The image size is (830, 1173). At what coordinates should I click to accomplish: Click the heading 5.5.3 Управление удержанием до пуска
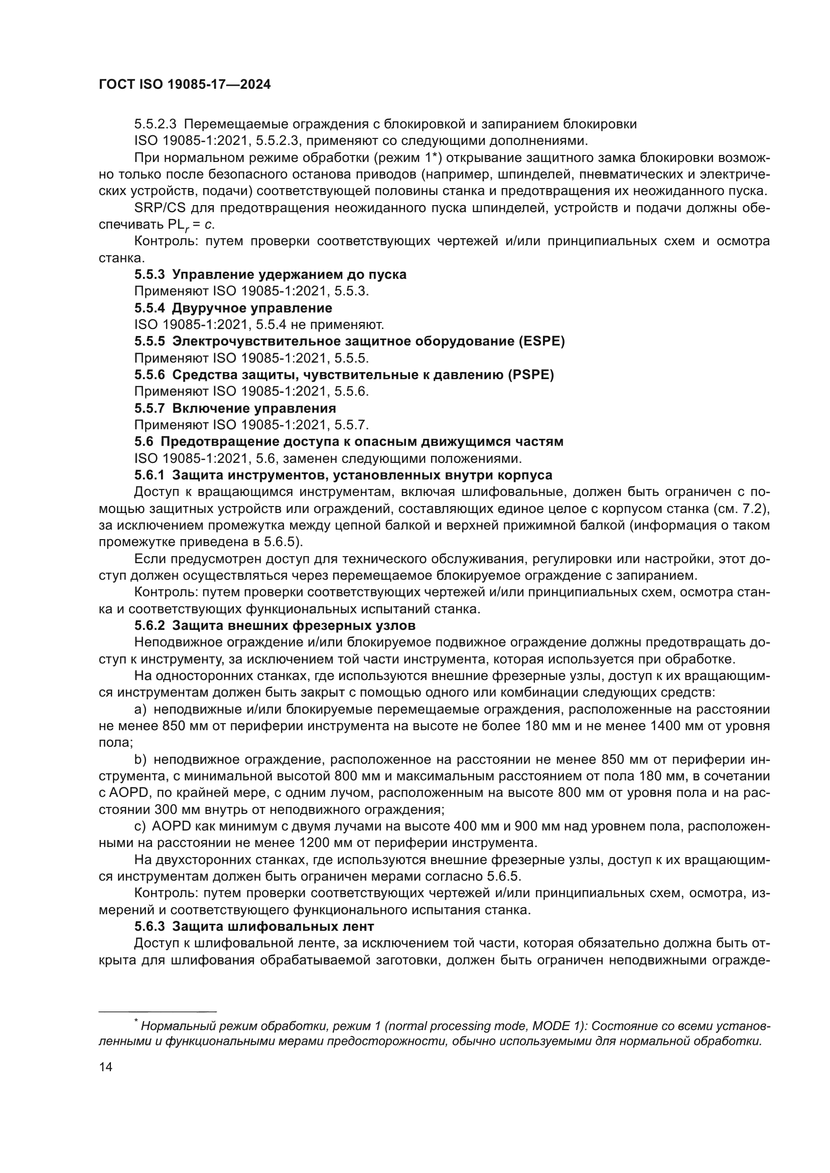coord(270,274)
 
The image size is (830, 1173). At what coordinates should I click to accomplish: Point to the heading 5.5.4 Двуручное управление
coord(233,308)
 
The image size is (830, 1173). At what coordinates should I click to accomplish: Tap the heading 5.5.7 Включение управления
coord(235,408)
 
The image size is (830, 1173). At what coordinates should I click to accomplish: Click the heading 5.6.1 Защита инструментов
coord(343,475)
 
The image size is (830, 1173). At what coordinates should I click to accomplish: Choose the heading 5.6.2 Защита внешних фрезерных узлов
coord(275,625)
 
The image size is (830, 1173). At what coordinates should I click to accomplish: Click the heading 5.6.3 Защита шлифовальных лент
coord(254,926)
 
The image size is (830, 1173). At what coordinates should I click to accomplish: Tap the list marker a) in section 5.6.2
coord(141,709)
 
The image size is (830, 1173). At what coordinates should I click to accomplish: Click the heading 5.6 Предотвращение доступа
coord(349,441)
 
